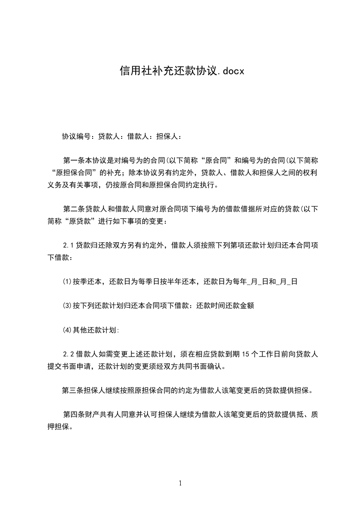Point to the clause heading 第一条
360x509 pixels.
coord(73,160)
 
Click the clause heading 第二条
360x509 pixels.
coord(73,209)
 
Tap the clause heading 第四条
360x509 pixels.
coord(73,415)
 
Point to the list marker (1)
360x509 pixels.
coord(67,282)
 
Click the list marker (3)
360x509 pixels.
coord(67,306)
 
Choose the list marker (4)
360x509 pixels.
coord(67,330)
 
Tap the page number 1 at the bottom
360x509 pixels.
coord(180,483)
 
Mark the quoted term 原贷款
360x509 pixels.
coord(87,221)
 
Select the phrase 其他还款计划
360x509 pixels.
coord(94,330)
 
